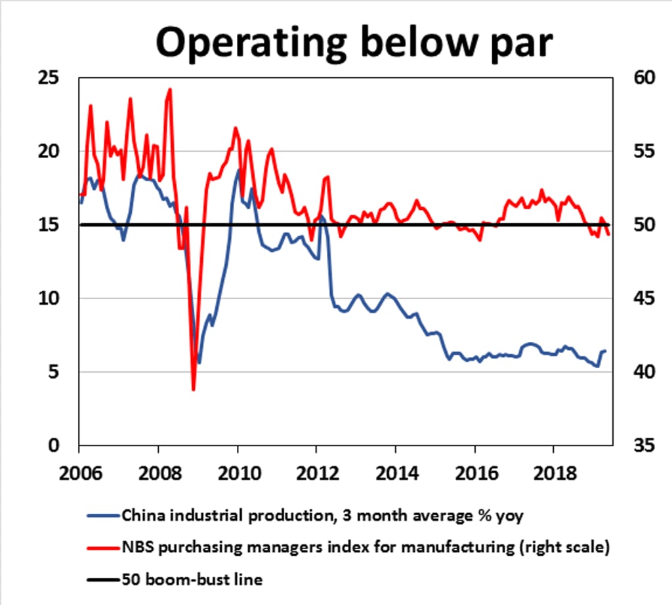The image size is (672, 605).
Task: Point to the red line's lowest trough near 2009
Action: pos(194,390)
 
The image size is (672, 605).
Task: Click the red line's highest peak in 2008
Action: pos(170,89)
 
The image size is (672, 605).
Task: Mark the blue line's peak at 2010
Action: pos(238,171)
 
